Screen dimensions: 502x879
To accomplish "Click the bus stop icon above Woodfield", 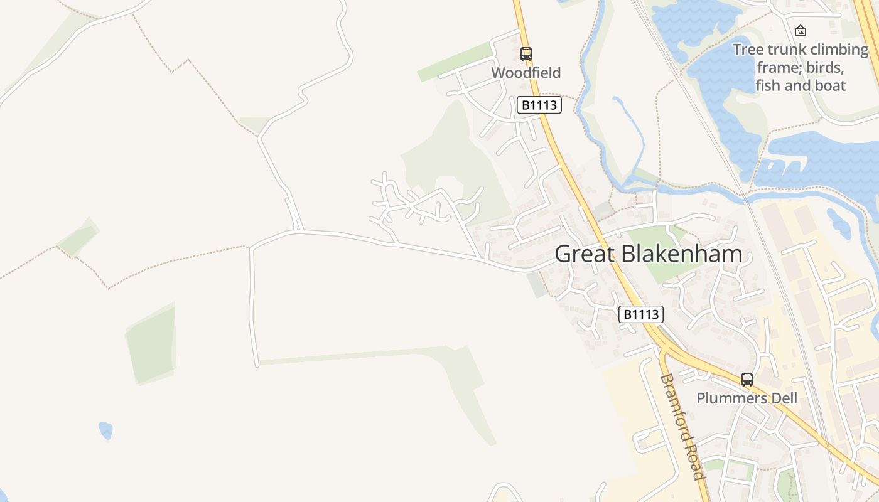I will [526, 54].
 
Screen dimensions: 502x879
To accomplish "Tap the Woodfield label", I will [526, 73].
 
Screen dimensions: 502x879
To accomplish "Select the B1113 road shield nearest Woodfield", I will [539, 105].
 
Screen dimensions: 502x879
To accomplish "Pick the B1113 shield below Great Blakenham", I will [641, 314].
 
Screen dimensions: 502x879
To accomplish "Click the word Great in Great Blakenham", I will [584, 254].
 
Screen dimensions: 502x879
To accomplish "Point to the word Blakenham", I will [681, 254].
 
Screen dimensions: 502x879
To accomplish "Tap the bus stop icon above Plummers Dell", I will [747, 379].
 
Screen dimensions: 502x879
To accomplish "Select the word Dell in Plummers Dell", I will [784, 398].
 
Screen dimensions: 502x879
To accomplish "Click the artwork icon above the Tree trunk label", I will [801, 30].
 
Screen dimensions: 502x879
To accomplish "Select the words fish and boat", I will [801, 85].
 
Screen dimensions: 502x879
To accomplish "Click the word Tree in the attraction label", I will [747, 50].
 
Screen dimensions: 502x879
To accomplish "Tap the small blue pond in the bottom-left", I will [105, 430].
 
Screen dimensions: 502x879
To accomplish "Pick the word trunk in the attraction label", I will [785, 50].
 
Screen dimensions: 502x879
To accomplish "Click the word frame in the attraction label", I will [777, 67].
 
